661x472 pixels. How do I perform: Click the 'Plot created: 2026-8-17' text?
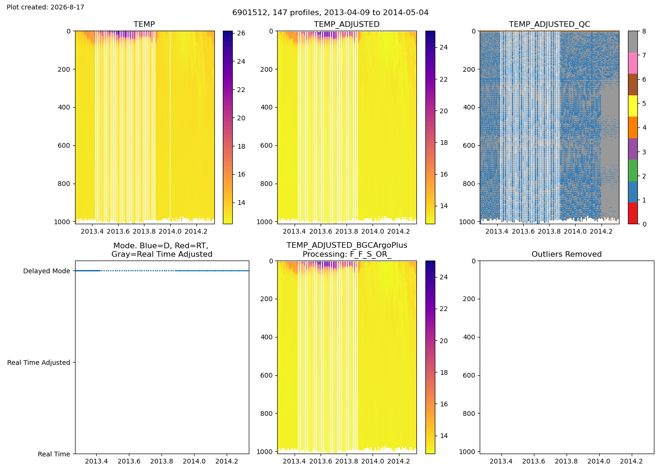click(45, 7)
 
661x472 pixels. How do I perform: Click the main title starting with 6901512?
click(330, 12)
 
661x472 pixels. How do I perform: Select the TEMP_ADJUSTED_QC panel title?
click(549, 24)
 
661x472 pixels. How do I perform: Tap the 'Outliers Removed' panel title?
click(567, 254)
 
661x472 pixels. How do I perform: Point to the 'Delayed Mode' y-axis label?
click(47, 271)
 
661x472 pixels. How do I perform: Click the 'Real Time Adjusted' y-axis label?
click(39, 362)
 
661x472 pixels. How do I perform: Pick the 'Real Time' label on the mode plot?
click(54, 454)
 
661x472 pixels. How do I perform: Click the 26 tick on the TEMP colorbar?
click(241, 33)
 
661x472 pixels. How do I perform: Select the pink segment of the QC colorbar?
click(633, 63)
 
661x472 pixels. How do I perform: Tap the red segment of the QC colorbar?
click(633, 213)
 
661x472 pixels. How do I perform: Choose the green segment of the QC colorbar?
click(633, 170)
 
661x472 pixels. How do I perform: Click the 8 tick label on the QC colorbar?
click(644, 31)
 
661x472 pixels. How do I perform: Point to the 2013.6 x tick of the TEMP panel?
click(118, 231)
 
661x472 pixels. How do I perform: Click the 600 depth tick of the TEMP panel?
click(64, 145)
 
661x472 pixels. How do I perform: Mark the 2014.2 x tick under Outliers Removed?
click(631, 461)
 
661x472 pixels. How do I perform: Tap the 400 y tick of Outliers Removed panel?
click(469, 337)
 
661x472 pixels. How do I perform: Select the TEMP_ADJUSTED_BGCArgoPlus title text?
click(347, 245)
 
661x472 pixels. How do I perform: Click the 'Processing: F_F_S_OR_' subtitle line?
click(347, 254)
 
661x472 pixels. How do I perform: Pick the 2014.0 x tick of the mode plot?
click(194, 461)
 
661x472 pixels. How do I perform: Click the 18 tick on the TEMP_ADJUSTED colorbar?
click(444, 143)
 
